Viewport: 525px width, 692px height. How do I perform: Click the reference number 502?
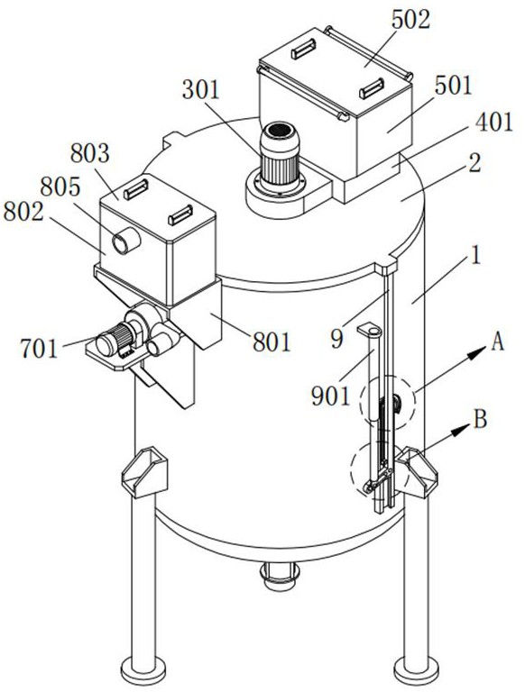410,20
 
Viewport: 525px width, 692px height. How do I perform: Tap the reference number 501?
453,86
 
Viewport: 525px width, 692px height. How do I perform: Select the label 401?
494,122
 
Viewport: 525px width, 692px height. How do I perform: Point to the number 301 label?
200,90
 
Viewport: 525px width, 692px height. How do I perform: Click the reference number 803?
89,153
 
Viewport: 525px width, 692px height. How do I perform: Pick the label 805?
60,187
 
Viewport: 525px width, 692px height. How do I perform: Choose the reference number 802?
23,212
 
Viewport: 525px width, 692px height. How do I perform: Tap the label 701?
39,349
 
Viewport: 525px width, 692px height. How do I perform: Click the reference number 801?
272,342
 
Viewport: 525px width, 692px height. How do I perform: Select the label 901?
330,396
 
